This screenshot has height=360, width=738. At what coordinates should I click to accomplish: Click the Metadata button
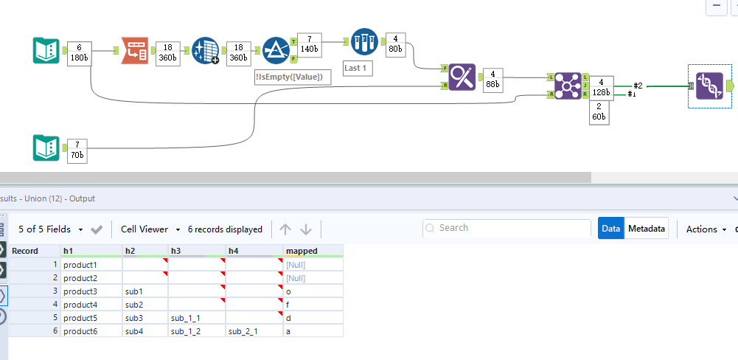point(647,229)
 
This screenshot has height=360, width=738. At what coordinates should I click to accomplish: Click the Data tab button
point(610,229)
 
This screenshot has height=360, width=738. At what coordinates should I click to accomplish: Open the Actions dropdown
point(706,229)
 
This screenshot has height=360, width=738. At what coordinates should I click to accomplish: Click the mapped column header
point(313,251)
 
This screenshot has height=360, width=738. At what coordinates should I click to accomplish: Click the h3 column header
point(197,251)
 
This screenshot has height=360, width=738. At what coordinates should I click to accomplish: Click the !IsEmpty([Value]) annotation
point(288,76)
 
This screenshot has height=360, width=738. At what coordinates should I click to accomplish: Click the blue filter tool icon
point(276,49)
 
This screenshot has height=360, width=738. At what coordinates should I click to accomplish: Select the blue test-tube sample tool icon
point(364,41)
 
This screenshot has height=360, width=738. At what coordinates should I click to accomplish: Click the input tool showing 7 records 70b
point(46,148)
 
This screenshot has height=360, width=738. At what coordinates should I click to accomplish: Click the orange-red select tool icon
point(135,50)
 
